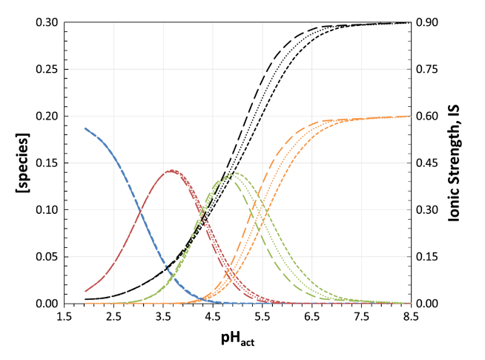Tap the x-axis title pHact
(x=238, y=340)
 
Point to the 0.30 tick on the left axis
(x=47, y=22)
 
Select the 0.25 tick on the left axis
(x=47, y=69)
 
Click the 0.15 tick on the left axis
(x=47, y=163)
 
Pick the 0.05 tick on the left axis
(x=47, y=257)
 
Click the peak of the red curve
(x=171, y=171)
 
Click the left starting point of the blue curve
(x=85, y=128)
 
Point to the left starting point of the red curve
(x=85, y=291)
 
